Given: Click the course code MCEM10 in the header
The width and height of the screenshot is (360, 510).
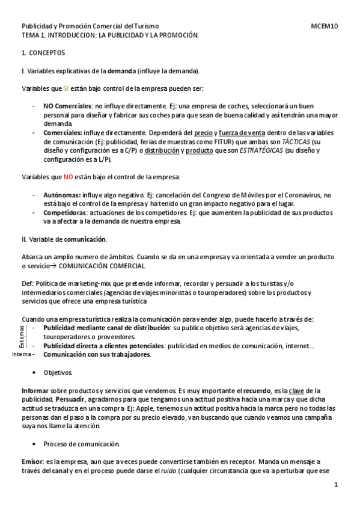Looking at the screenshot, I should pyautogui.click(x=325, y=26).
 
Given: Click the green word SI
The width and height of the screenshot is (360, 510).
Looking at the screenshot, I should pyautogui.click(x=66, y=88).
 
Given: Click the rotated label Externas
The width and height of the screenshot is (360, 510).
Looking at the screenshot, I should pyautogui.click(x=22, y=336).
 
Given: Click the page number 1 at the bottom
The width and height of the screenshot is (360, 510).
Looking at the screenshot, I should pyautogui.click(x=336, y=485).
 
